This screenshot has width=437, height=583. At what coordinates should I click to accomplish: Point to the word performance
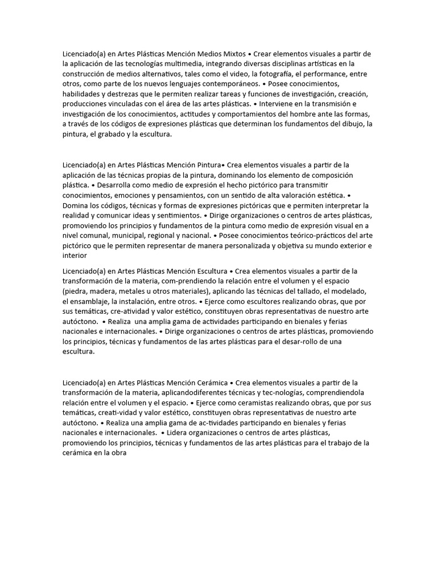[x=326, y=74]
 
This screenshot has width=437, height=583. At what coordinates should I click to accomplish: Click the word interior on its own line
[x=75, y=256]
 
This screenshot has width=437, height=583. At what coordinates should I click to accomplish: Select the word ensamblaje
[x=92, y=301]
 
